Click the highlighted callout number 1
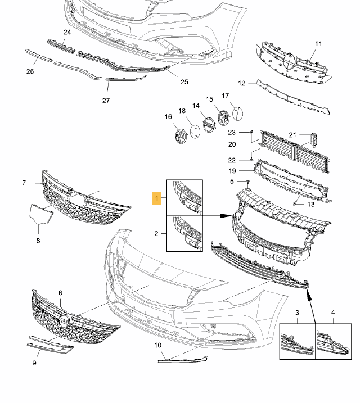click(156, 198)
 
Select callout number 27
click(106, 101)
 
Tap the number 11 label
click(318, 44)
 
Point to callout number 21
click(292, 135)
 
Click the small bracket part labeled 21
click(314, 140)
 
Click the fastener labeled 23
click(251, 132)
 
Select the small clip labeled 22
click(251, 160)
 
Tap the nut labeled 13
click(295, 204)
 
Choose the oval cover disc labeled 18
click(195, 132)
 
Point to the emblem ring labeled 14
click(210, 125)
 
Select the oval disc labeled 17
click(237, 114)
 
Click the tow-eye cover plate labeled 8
click(40, 214)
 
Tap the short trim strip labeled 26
click(38, 56)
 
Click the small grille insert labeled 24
click(61, 46)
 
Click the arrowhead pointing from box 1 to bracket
click(227, 216)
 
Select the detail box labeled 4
click(334, 341)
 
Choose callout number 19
click(232, 171)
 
